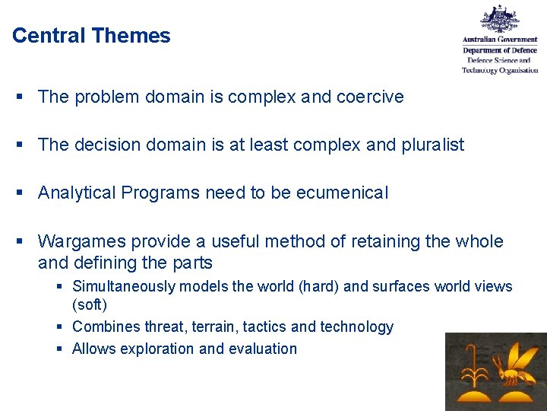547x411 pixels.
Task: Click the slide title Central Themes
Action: point(91,36)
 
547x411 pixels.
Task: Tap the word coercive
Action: point(370,97)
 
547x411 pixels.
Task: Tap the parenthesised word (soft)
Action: point(90,304)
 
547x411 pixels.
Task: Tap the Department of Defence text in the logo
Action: point(500,50)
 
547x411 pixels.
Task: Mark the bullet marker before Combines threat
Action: point(62,327)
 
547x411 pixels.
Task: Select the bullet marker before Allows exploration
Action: point(62,349)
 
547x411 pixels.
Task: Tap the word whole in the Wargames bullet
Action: point(479,242)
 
